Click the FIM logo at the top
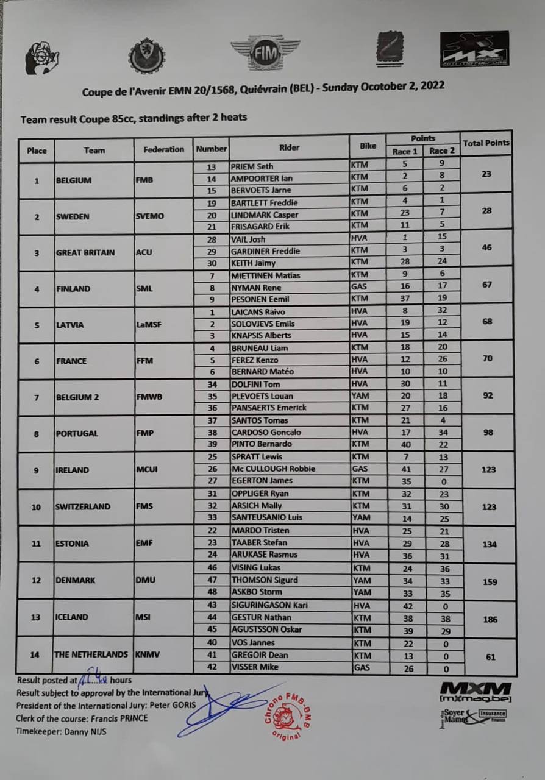(265, 52)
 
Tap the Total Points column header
(486, 143)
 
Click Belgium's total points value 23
(486, 174)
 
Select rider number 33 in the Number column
(212, 518)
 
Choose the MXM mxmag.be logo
(475, 692)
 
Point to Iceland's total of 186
(489, 619)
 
